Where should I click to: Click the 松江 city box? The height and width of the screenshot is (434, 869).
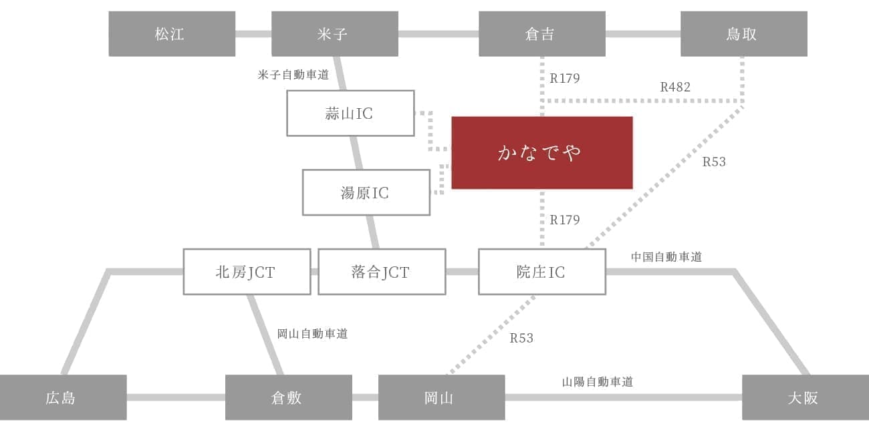click(x=172, y=33)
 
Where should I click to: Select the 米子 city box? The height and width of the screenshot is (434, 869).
click(x=334, y=33)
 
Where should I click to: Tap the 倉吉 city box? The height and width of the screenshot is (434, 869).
click(x=541, y=33)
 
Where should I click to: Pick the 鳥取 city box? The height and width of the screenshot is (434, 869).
click(x=743, y=33)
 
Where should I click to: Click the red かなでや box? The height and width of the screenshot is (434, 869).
click(x=541, y=153)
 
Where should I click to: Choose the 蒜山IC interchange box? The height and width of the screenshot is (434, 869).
click(x=350, y=113)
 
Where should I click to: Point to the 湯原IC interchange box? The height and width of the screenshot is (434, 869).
click(x=366, y=192)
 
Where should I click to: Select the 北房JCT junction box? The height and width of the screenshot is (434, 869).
click(x=247, y=272)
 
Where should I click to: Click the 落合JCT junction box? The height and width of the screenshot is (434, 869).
click(x=381, y=272)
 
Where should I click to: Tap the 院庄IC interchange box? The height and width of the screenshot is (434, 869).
click(x=541, y=272)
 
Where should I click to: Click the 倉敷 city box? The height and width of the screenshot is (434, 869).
click(x=288, y=397)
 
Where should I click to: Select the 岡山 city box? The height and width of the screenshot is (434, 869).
click(x=441, y=397)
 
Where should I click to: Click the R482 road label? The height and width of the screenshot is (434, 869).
click(x=675, y=87)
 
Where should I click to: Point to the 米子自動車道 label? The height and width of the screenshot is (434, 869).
click(x=293, y=75)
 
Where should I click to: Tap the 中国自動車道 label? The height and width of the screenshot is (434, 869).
click(x=666, y=256)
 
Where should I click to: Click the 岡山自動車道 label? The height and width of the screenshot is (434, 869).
click(x=312, y=333)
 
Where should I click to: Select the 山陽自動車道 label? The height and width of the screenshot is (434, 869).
click(x=597, y=382)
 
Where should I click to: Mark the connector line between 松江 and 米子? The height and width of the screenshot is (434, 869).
click(x=253, y=33)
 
